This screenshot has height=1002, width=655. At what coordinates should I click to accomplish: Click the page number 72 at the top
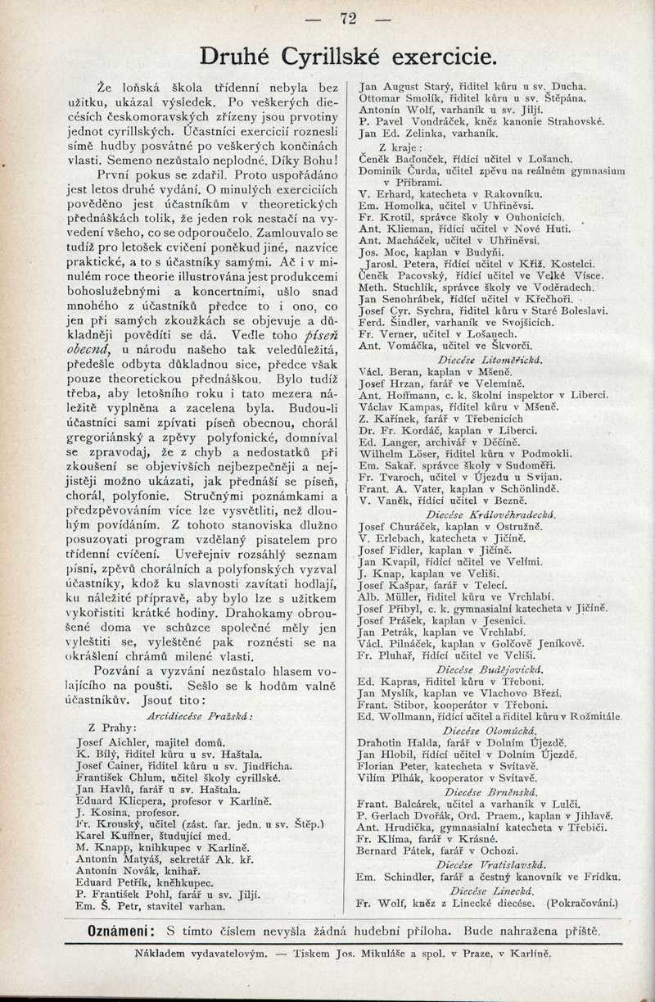(349, 18)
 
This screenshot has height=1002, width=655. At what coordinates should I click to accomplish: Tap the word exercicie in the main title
(444, 57)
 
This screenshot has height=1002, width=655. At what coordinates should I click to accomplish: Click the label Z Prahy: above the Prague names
(110, 728)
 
